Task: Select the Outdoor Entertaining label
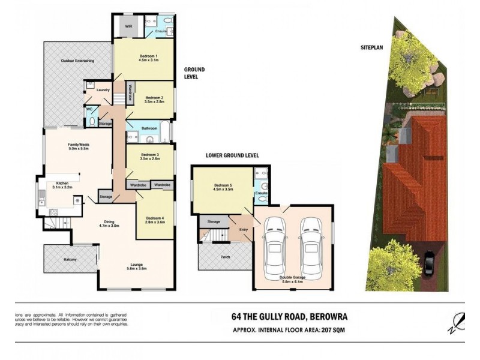(x=76, y=61)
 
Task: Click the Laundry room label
(x=103, y=91)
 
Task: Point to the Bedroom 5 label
(x=223, y=186)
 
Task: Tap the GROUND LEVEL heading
(x=194, y=73)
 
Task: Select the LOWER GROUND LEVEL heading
(x=232, y=155)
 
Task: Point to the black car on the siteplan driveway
(x=430, y=263)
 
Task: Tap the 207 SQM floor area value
(x=334, y=329)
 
